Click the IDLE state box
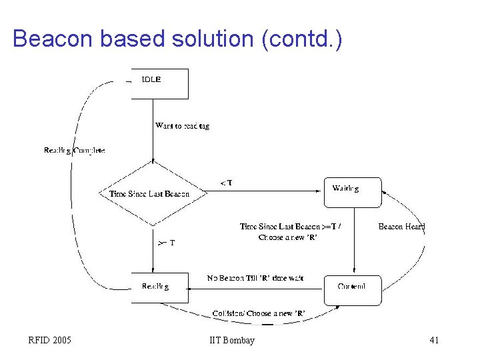[x=159, y=83]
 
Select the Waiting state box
[x=353, y=192]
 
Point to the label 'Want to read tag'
[x=182, y=126]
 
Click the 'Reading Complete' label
[x=74, y=151]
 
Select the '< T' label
[x=226, y=183]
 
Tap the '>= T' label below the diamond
[x=166, y=243]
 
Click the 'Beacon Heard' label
[x=401, y=227]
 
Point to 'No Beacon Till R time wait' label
[x=255, y=277]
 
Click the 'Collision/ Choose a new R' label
[x=259, y=313]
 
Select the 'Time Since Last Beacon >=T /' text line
[x=290, y=227]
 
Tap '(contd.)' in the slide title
[x=303, y=39]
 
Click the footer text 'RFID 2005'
[x=50, y=341]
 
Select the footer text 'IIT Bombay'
[x=231, y=341]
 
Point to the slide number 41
[x=434, y=341]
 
